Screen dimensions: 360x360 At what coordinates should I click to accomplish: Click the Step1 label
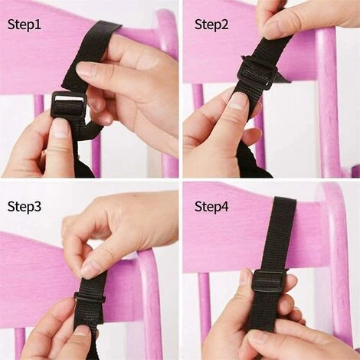click(x=25, y=25)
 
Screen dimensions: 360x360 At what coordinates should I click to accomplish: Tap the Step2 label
click(x=211, y=25)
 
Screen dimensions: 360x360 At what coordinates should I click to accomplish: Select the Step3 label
click(x=25, y=206)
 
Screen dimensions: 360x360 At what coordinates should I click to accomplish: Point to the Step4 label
click(x=211, y=206)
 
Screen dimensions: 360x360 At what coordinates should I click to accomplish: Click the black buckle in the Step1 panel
click(x=68, y=105)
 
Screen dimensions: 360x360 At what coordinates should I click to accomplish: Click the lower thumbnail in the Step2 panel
click(x=235, y=101)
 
